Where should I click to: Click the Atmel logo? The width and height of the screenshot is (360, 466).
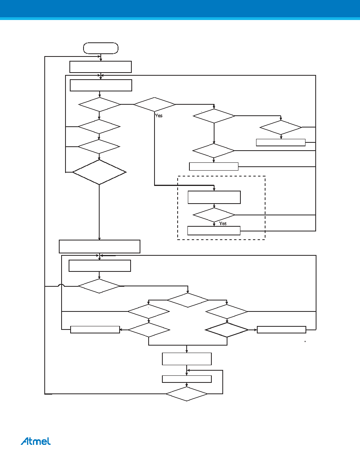(36, 441)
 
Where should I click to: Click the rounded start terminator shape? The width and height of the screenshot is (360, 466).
(101, 48)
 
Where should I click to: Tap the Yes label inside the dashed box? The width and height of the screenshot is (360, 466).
(223, 224)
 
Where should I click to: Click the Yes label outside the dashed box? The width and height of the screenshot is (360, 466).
(159, 116)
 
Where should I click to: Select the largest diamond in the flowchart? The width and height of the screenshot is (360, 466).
(99, 172)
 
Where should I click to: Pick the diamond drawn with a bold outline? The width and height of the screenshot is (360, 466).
(227, 330)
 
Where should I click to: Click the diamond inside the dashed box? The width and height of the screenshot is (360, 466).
(214, 215)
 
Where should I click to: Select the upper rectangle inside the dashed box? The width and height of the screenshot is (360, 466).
(214, 197)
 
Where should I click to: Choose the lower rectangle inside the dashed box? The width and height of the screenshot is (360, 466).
(214, 231)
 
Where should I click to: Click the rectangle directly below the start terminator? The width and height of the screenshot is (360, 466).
(101, 67)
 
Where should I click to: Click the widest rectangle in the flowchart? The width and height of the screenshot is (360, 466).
(100, 246)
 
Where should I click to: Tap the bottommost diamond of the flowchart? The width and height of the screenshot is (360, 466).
(187, 394)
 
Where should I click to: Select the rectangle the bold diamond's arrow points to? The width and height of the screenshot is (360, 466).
(281, 329)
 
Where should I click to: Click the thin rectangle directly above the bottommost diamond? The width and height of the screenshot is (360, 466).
(187, 379)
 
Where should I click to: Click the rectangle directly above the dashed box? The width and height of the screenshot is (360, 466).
(214, 166)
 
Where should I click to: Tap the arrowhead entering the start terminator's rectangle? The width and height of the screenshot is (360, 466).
(101, 60)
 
